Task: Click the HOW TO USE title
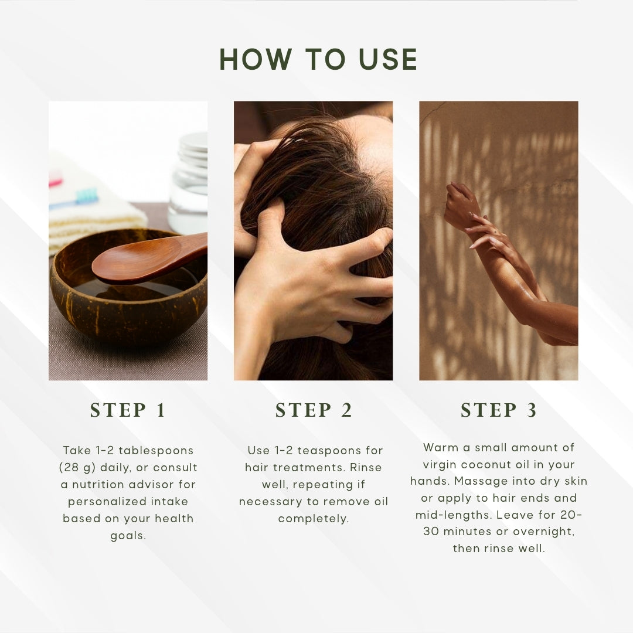pos(318,59)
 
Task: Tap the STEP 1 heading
pos(128,410)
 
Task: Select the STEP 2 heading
pos(314,410)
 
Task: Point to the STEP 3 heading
pos(499,410)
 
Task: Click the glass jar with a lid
pos(189,183)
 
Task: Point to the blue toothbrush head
pos(87,196)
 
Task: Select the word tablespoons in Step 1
pos(156,451)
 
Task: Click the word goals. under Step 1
pos(128,536)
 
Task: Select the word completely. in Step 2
pos(313,519)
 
